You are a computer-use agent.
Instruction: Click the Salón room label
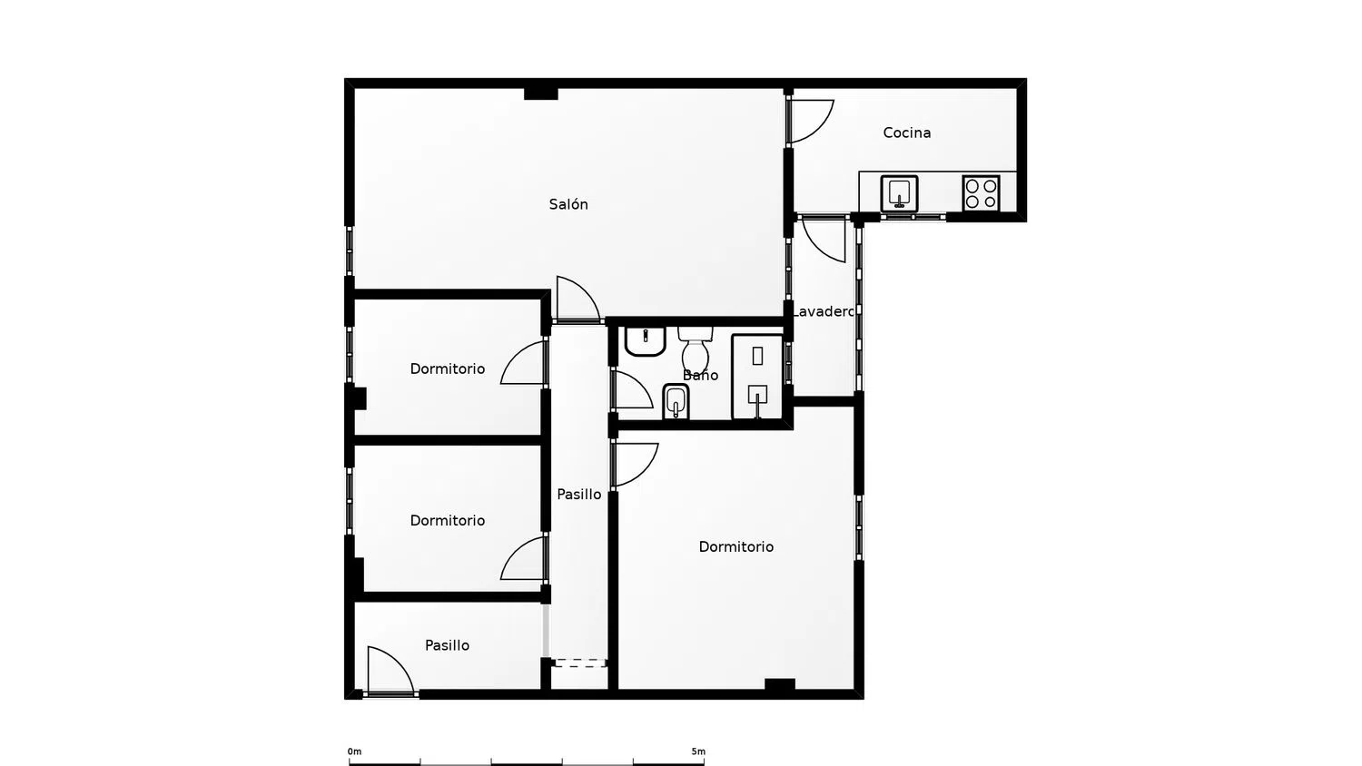[568, 205]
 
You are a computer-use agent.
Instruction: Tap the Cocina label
[906, 133]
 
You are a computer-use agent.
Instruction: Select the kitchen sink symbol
[899, 193]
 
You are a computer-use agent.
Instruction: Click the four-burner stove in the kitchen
[981, 193]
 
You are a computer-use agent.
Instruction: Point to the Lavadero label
[824, 311]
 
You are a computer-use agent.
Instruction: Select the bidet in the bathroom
[676, 401]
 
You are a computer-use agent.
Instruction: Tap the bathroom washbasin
[646, 341]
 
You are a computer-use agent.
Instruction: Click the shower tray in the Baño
[757, 377]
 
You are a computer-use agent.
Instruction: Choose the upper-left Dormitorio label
[448, 369]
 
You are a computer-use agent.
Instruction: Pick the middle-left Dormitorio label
[448, 521]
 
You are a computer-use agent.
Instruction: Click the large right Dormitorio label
[736, 547]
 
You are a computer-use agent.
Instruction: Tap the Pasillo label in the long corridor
[579, 495]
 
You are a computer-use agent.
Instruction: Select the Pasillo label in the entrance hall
[448, 646]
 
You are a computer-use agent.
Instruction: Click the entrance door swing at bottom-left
[389, 672]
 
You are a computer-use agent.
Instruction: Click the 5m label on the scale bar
[697, 751]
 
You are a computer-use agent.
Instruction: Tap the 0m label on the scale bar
[354, 751]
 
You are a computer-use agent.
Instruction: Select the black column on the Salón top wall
[541, 93]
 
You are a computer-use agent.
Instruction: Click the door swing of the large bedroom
[635, 464]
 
